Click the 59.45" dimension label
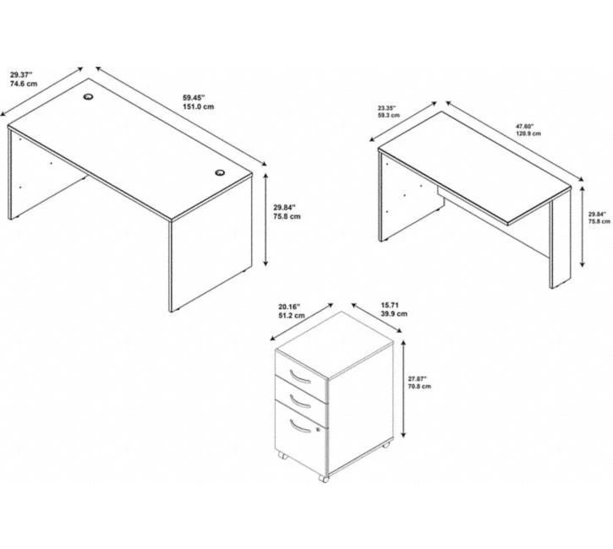(x=194, y=98)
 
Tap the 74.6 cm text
(x=24, y=84)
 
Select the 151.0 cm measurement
(x=198, y=107)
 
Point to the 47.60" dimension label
(x=525, y=127)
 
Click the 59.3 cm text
(x=389, y=115)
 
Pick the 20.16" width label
(x=290, y=307)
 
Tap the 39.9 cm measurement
(x=394, y=314)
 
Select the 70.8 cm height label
(x=419, y=387)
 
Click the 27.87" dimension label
(x=418, y=378)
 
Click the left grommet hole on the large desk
(x=88, y=96)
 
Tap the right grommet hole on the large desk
(x=220, y=172)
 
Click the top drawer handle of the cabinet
(x=300, y=377)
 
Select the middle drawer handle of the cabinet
(x=300, y=401)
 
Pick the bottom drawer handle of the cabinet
(x=300, y=426)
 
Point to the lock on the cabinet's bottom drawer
(x=318, y=430)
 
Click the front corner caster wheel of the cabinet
(x=323, y=479)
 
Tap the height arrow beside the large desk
(x=265, y=220)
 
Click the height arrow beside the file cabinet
(x=403, y=389)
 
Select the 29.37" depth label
(x=21, y=74)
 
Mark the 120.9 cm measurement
(x=528, y=133)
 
